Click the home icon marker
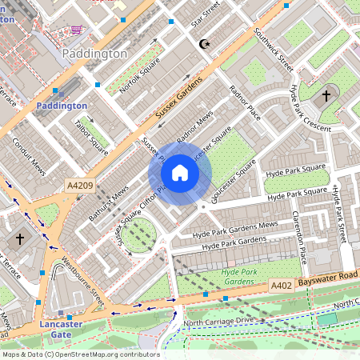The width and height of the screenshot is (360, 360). [180, 173]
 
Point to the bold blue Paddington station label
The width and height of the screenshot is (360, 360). [62, 106]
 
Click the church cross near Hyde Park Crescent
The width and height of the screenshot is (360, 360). [326, 96]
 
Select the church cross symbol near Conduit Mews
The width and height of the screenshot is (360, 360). [20, 238]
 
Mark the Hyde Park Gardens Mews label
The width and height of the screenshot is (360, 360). [236, 229]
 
